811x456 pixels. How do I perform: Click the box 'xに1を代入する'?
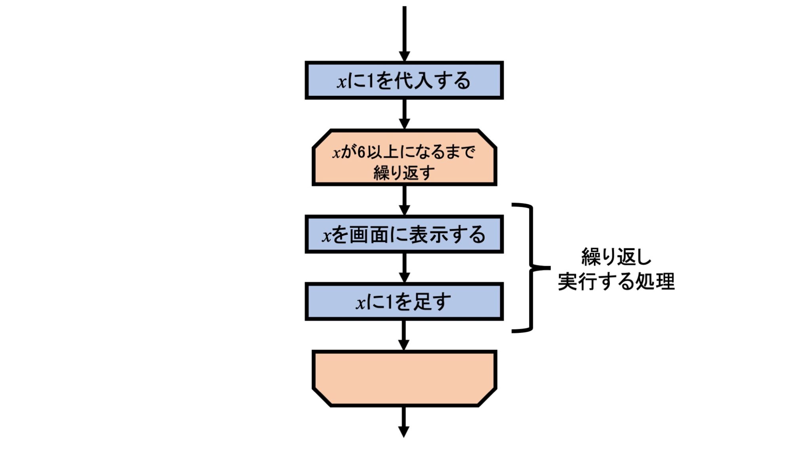404,80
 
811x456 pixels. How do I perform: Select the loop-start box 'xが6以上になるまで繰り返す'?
404,158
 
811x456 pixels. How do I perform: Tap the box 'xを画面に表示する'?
404,234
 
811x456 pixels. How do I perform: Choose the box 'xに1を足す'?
404,302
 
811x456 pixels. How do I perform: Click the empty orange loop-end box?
404,378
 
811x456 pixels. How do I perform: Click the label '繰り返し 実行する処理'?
616,269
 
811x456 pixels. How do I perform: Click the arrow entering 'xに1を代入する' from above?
404,34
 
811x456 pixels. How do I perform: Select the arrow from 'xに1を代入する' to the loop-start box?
404,114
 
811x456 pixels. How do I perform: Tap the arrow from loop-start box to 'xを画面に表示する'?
404,200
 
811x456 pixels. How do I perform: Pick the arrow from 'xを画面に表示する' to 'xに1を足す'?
404,268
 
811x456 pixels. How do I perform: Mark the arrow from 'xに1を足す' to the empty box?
404,335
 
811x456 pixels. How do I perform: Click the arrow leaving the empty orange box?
404,422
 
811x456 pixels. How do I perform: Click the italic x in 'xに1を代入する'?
341,82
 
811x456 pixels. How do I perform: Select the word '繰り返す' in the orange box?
404,173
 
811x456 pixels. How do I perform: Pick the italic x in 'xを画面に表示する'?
326,236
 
